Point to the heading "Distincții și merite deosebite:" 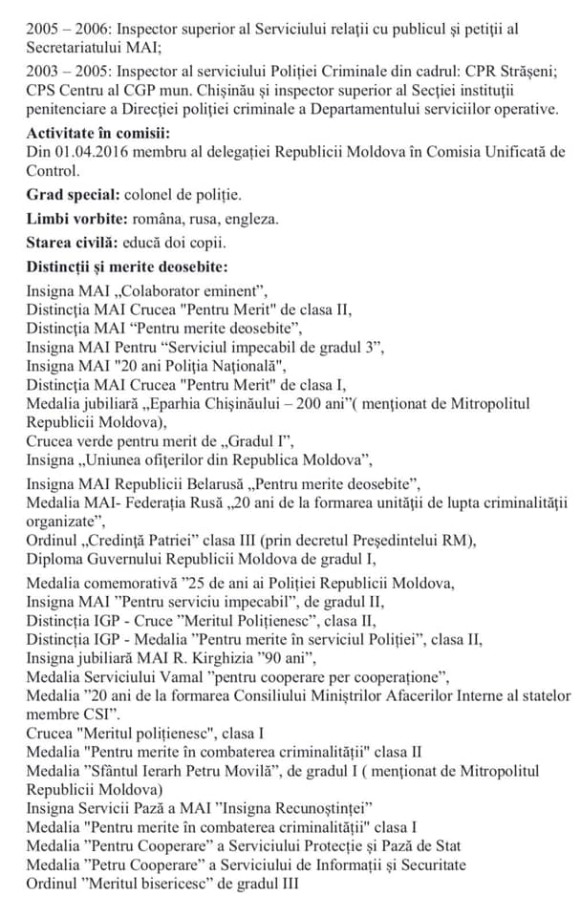127,267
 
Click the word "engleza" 252,219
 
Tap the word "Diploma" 55,559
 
